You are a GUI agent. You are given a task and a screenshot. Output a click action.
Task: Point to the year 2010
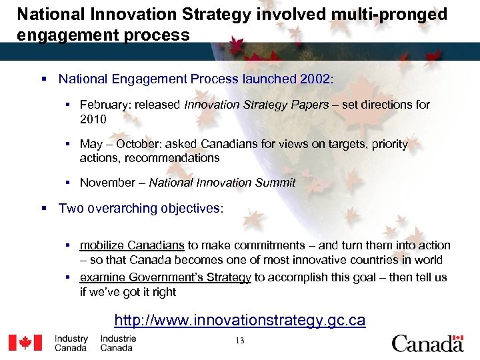pyautogui.click(x=93, y=119)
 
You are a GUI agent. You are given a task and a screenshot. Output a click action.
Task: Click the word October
pyautogui.click(x=141, y=144)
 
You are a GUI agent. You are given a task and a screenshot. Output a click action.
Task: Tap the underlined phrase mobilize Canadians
pyautogui.click(x=131, y=245)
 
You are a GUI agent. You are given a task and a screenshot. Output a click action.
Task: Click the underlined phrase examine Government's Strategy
pyautogui.click(x=165, y=277)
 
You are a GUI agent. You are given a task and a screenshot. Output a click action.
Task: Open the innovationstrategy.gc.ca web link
pyautogui.click(x=239, y=321)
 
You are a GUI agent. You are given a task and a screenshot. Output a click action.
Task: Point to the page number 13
pyautogui.click(x=239, y=341)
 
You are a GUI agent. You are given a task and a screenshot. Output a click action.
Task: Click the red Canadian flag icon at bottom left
pyautogui.click(x=25, y=343)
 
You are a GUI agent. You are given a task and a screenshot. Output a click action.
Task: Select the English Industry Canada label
pyautogui.click(x=71, y=343)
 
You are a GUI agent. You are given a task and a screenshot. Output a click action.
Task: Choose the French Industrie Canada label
pyautogui.click(x=118, y=343)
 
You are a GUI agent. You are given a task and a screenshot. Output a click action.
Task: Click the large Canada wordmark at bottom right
pyautogui.click(x=427, y=344)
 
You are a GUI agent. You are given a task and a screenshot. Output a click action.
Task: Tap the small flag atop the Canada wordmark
pyautogui.click(x=457, y=337)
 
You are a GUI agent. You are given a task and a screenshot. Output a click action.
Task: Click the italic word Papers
pyautogui.click(x=311, y=105)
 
